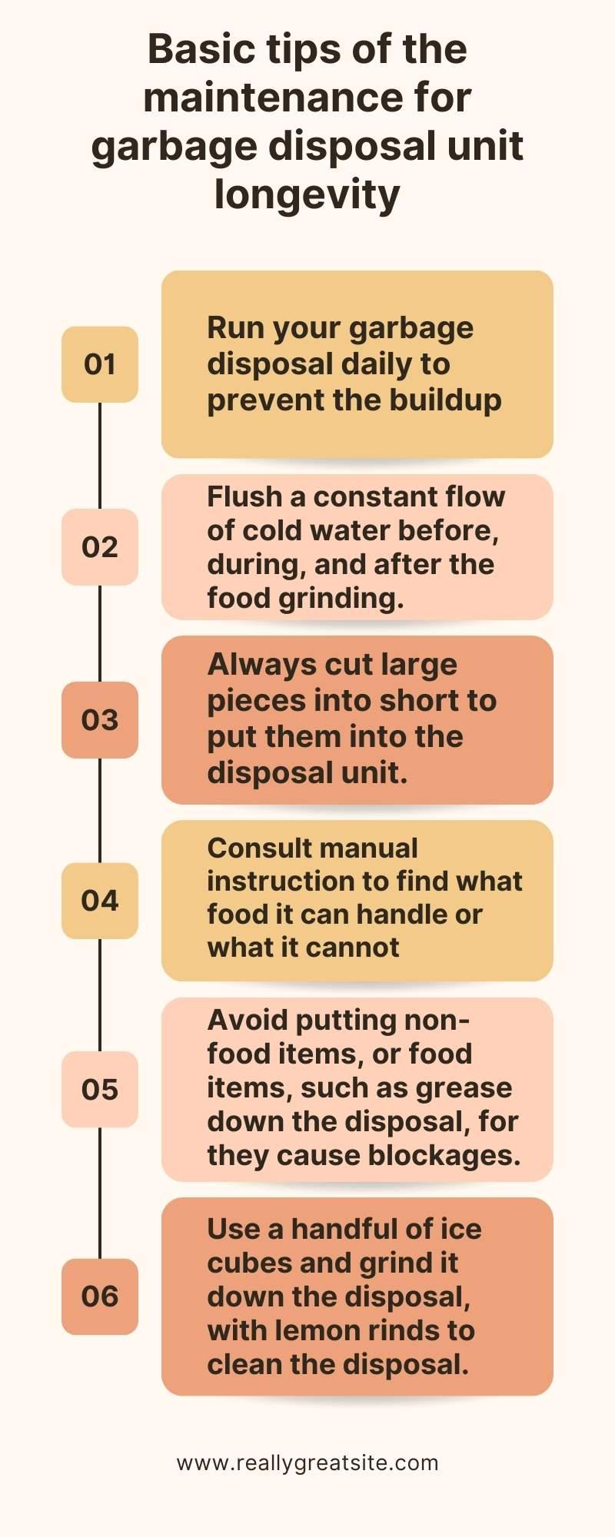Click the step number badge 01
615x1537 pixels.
point(100,364)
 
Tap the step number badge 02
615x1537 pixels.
point(100,546)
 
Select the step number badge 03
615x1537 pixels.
point(100,720)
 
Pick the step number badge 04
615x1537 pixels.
point(100,901)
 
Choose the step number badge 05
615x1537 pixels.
point(100,1090)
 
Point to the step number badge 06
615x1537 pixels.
point(100,1296)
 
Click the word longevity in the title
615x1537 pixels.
point(307,195)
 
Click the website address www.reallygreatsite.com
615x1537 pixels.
point(307,1463)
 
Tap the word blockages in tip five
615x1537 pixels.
point(444,1155)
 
